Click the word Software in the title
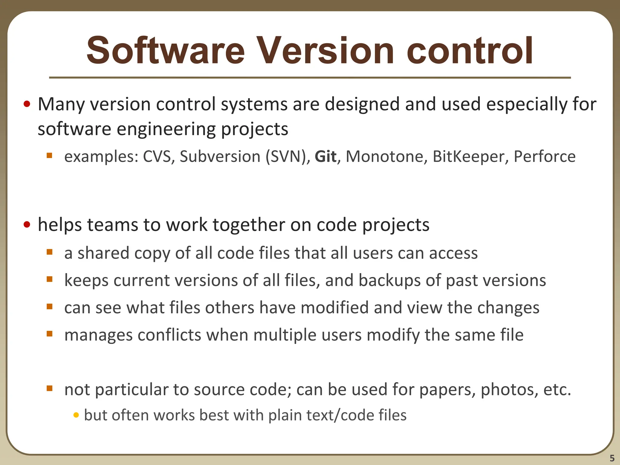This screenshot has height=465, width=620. tap(165, 51)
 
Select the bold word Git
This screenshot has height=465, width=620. tap(325, 157)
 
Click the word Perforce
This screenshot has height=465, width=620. tap(545, 157)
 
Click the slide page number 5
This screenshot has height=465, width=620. tap(612, 458)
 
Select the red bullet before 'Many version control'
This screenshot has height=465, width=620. tap(27, 104)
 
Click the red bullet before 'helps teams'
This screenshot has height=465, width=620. tap(27, 225)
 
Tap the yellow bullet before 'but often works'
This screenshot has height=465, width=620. tap(76, 415)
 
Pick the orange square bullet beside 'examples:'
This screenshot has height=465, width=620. tap(50, 156)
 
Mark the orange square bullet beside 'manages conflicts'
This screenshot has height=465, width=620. tap(50, 334)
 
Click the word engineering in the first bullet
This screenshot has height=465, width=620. tap(166, 129)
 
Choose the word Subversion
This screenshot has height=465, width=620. tap(220, 157)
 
